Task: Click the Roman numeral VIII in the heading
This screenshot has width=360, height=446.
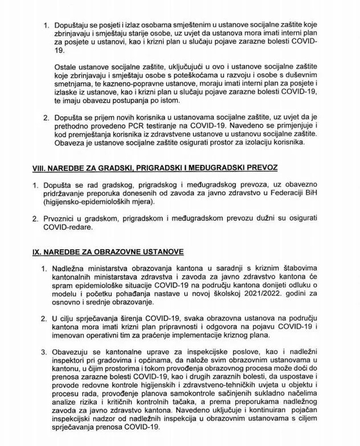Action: (x=37, y=169)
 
